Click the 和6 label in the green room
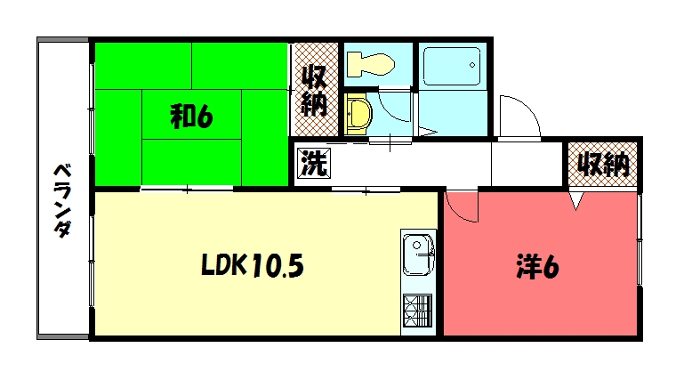click(x=191, y=116)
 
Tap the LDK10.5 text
click(x=252, y=265)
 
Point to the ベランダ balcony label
click(x=62, y=200)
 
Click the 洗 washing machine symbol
click(x=311, y=164)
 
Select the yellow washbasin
click(x=358, y=114)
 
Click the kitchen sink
click(x=417, y=255)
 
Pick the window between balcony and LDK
click(x=92, y=267)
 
